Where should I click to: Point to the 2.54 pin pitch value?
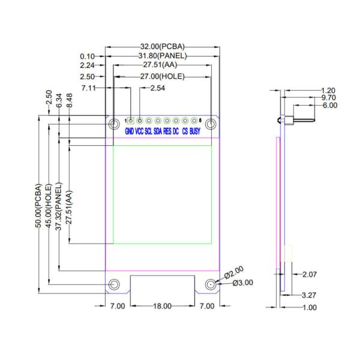point(158,88)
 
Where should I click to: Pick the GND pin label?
point(130,131)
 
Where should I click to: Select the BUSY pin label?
point(195,131)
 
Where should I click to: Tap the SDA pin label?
point(158,131)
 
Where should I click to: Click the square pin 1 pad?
point(130,121)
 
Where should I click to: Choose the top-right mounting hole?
point(211,124)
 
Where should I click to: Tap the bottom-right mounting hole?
point(211,284)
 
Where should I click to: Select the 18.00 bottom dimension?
point(162,306)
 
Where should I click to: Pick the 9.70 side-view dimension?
point(328,97)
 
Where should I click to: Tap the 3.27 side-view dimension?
point(309,295)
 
